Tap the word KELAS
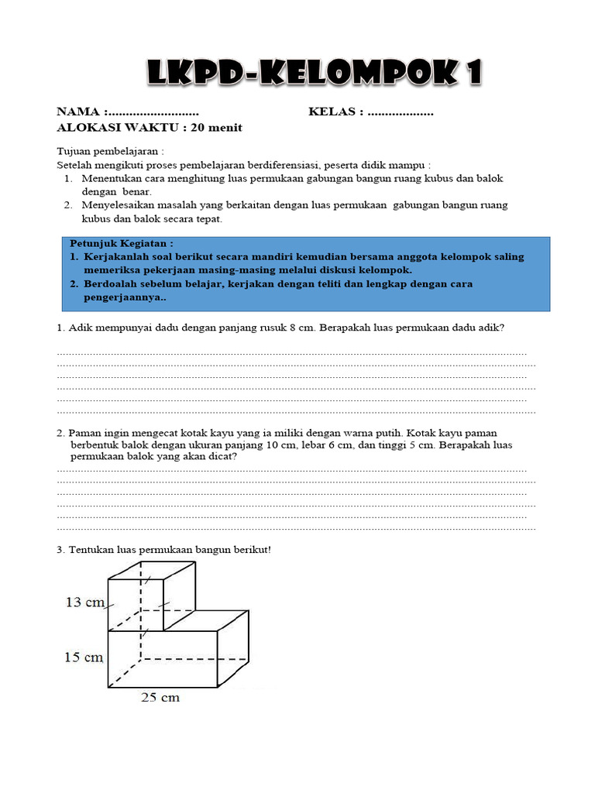(x=332, y=113)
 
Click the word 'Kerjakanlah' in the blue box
(x=115, y=256)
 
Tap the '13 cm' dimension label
(x=84, y=602)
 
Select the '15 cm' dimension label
(x=84, y=658)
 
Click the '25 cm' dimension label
(x=160, y=697)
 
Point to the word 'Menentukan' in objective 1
(x=112, y=178)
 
